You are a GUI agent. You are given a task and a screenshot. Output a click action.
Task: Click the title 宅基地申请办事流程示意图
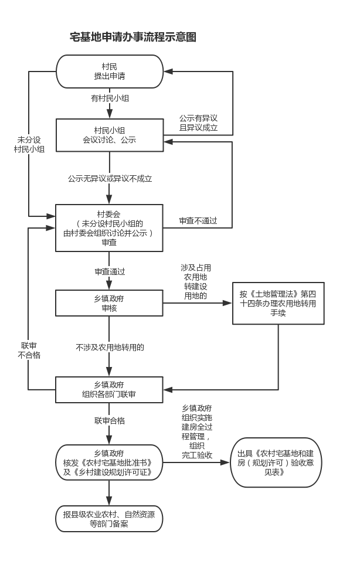pyautogui.click(x=133, y=37)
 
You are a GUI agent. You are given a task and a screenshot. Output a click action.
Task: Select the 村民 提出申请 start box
pyautogui.click(x=110, y=72)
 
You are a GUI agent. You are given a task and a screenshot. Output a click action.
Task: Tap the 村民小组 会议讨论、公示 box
pyautogui.click(x=110, y=135)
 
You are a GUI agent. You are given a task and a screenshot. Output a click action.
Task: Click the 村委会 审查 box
pyautogui.click(x=110, y=227)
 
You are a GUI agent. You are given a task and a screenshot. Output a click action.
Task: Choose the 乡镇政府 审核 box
pyautogui.click(x=110, y=302)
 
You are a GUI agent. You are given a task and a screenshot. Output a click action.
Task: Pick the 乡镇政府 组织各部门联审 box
pyautogui.click(x=110, y=389)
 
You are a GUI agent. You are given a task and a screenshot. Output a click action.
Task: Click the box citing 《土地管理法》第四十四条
pyautogui.click(x=278, y=303)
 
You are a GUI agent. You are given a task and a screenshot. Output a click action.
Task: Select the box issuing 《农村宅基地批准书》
pyautogui.click(x=110, y=462)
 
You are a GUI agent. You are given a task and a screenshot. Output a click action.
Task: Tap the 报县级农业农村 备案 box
pyautogui.click(x=110, y=519)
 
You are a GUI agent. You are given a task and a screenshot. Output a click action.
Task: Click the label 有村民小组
pyautogui.click(x=110, y=98)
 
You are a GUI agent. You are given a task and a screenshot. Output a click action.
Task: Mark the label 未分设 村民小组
pyautogui.click(x=29, y=144)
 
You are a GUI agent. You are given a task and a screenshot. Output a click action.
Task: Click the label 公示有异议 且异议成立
pyautogui.click(x=199, y=123)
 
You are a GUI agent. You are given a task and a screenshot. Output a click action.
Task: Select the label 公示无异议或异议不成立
pyautogui.click(x=110, y=178)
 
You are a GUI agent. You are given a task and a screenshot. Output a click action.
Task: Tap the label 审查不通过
pyautogui.click(x=198, y=221)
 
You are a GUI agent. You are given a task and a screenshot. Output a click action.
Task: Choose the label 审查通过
pyautogui.click(x=110, y=272)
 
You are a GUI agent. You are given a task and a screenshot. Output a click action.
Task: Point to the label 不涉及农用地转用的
pyautogui.click(x=110, y=347)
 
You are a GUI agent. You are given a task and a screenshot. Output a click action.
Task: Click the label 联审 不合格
pyautogui.click(x=29, y=350)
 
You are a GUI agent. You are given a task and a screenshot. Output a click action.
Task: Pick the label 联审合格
pyautogui.click(x=110, y=420)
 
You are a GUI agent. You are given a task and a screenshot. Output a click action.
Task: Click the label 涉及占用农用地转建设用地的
pyautogui.click(x=196, y=282)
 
